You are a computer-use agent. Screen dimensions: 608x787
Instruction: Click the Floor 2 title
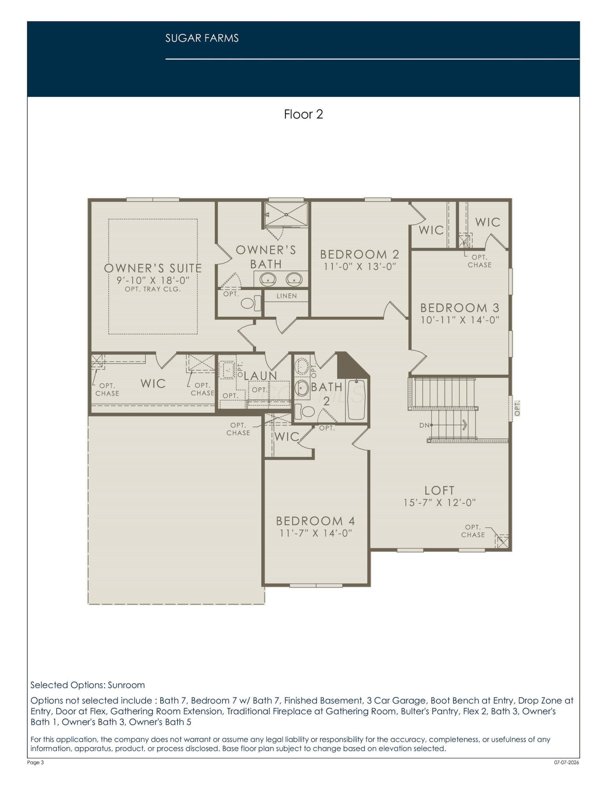tap(303, 114)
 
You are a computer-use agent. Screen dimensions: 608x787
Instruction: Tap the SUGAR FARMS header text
tap(202, 38)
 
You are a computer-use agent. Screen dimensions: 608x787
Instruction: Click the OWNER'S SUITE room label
tap(153, 268)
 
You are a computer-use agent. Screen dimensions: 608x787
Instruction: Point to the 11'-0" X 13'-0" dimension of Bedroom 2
tap(360, 266)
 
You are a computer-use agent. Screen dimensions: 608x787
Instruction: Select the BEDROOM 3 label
tap(460, 307)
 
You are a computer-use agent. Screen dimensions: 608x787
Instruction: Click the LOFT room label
tap(439, 490)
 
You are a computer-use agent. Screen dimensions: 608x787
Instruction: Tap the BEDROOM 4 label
tap(315, 521)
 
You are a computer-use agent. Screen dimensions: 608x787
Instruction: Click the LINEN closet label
tap(286, 296)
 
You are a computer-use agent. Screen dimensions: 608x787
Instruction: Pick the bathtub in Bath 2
tap(357, 401)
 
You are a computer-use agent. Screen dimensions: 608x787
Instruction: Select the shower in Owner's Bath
tap(286, 214)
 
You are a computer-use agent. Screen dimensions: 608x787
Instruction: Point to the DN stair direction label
tap(424, 425)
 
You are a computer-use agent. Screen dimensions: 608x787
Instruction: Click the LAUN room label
tap(261, 376)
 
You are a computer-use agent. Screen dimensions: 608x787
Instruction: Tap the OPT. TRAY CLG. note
tap(153, 289)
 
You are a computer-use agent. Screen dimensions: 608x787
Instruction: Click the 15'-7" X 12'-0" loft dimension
tap(440, 502)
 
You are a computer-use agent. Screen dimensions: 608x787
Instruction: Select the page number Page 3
tap(35, 762)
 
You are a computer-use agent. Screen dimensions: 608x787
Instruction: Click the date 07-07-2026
tap(567, 762)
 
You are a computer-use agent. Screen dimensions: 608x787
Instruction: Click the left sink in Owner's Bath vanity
tap(268, 279)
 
